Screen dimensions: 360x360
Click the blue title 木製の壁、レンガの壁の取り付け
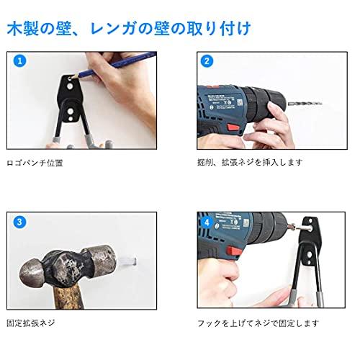click(x=129, y=30)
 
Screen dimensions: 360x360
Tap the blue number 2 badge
click(x=207, y=61)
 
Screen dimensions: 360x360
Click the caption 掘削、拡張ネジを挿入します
click(x=246, y=163)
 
